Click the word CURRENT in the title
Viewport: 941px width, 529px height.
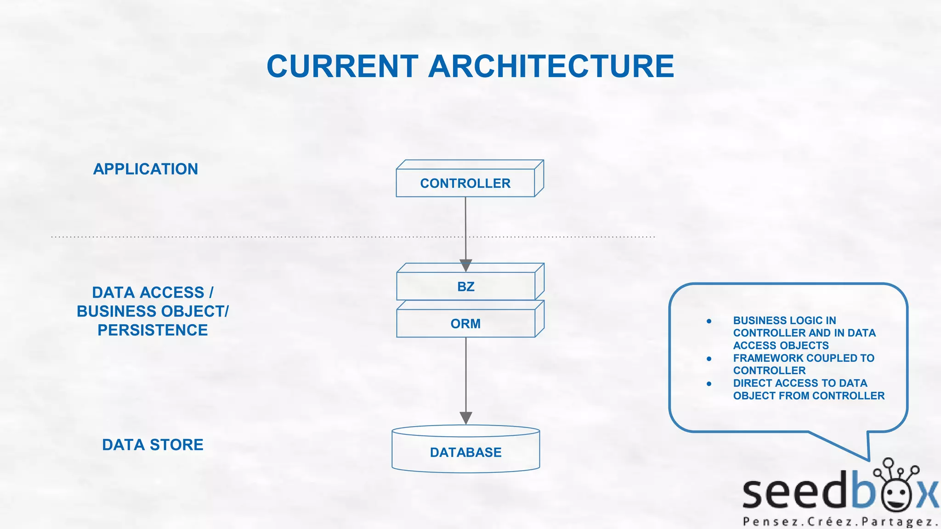[x=342, y=66]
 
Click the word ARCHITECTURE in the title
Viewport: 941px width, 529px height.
[x=551, y=66]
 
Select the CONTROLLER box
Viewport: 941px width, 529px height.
[x=465, y=183]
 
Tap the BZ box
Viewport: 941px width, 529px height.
[x=465, y=287]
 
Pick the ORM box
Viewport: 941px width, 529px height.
[x=465, y=324]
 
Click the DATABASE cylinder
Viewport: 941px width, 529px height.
[x=465, y=452]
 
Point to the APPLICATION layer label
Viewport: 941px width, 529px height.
[x=146, y=169]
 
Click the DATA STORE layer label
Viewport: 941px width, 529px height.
[x=153, y=445]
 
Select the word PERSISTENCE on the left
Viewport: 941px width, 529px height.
[x=153, y=330]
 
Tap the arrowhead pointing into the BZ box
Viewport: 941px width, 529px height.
[x=466, y=265]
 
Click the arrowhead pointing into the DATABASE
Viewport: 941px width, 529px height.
[x=466, y=418]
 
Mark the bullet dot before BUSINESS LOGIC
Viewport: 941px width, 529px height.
[x=709, y=321]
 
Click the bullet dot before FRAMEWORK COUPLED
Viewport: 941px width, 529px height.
[x=709, y=359]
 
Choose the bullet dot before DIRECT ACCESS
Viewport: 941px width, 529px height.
[x=709, y=383]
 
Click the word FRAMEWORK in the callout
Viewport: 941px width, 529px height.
[x=765, y=358]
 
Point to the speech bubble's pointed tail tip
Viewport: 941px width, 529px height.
[x=869, y=460]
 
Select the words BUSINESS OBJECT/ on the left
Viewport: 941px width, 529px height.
[x=153, y=311]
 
